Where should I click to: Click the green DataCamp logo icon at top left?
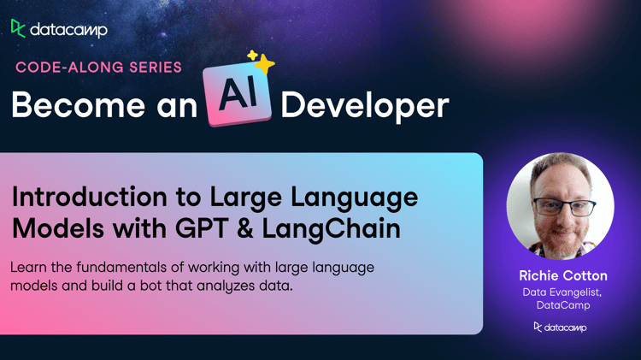click(x=18, y=28)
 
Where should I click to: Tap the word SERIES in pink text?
click(x=156, y=68)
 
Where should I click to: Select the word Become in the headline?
click(x=78, y=105)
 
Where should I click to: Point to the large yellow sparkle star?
click(x=265, y=64)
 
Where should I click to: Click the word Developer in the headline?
click(x=365, y=106)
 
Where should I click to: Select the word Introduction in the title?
click(x=90, y=197)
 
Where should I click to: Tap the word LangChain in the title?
click(x=331, y=229)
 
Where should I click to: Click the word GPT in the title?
click(x=201, y=228)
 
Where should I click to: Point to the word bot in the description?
click(x=150, y=286)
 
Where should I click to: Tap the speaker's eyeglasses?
click(x=564, y=207)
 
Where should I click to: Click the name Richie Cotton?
click(x=563, y=275)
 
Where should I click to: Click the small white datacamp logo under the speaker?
click(x=560, y=328)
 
